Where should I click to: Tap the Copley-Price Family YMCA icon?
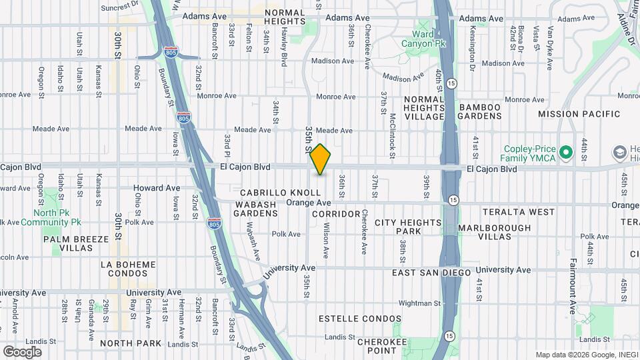point(567,153)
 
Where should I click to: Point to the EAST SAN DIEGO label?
point(431,273)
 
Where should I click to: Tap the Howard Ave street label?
point(157,188)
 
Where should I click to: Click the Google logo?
point(22,351)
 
